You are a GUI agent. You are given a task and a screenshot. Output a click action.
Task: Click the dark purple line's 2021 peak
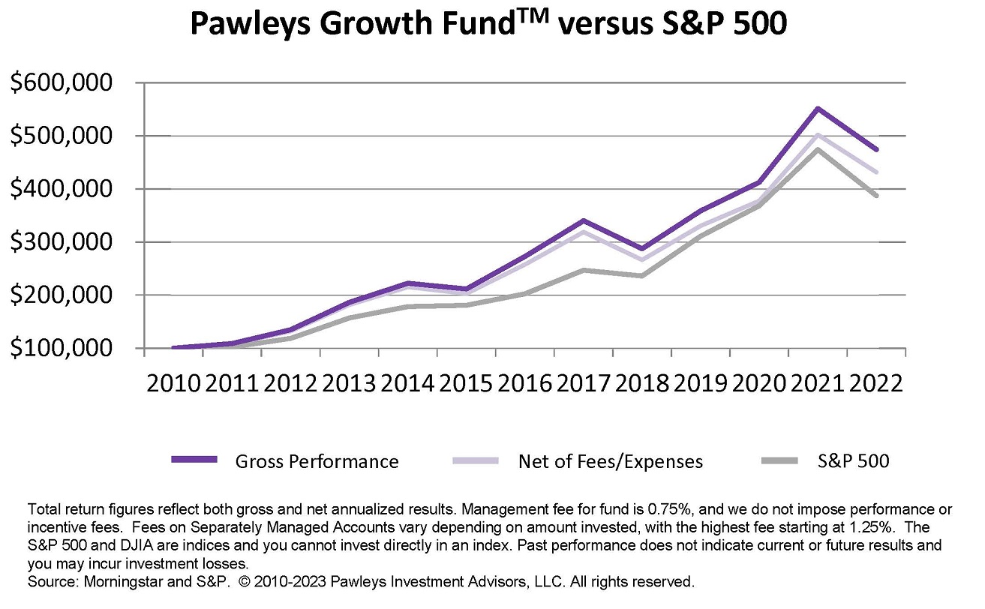click(817, 109)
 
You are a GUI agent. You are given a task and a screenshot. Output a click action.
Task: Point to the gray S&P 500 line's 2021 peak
click(817, 149)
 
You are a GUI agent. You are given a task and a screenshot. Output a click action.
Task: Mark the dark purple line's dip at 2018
click(642, 248)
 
